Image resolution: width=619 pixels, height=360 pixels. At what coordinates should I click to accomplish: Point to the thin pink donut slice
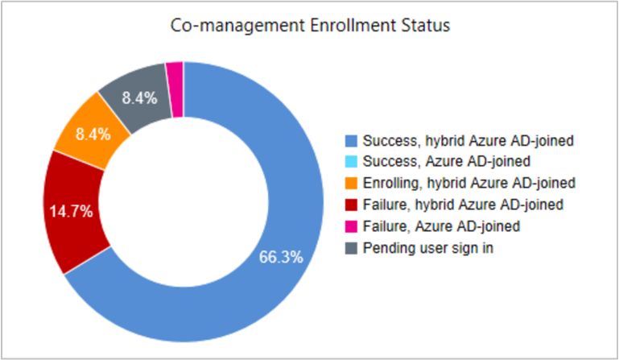(x=175, y=75)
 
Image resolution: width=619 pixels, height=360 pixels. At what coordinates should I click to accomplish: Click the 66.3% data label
(x=281, y=258)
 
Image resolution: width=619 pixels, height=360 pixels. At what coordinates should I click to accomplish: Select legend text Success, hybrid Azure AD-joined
(x=468, y=142)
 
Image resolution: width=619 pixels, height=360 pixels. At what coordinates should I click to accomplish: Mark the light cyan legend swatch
(x=352, y=160)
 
